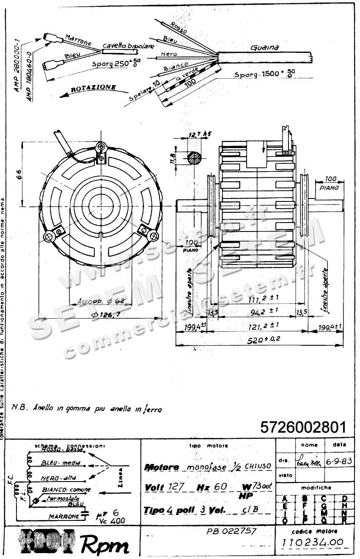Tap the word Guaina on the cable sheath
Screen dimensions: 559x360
[264, 48]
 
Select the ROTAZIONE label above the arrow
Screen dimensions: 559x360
[93, 88]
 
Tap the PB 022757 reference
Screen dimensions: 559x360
[231, 531]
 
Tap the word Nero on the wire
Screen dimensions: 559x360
[169, 55]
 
